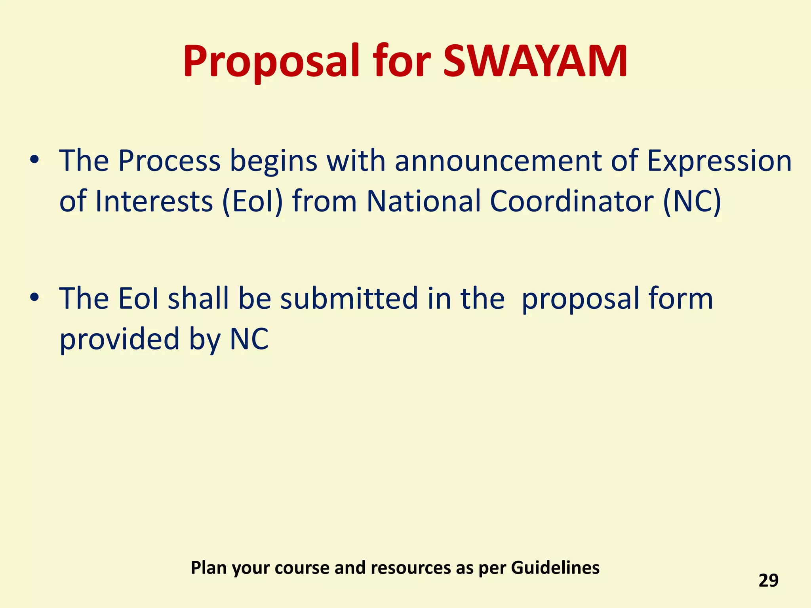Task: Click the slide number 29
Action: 768,580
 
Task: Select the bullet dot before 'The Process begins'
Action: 34,160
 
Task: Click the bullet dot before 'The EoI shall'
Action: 34,297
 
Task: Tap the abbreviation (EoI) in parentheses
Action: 253,201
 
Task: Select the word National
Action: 423,201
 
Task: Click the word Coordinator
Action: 571,201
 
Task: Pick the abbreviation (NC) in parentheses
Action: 692,201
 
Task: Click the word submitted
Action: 349,298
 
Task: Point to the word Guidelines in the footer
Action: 555,568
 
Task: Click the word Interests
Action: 154,201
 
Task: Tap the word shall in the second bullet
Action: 198,298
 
